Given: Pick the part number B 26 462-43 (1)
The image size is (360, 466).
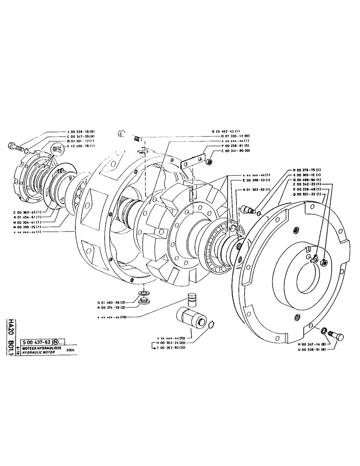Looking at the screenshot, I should [230, 132].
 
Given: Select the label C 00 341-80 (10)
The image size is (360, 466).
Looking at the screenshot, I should [230, 151].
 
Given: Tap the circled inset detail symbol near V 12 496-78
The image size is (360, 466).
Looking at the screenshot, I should [58, 149].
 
